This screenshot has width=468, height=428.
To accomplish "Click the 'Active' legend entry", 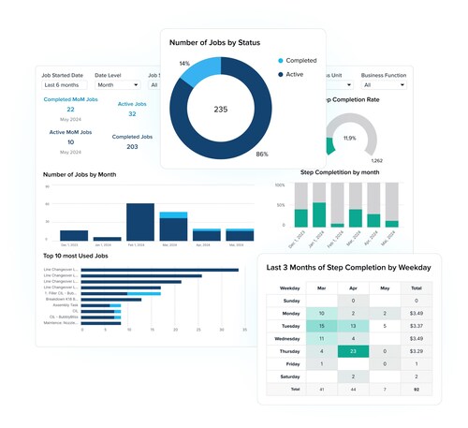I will (x=295, y=74).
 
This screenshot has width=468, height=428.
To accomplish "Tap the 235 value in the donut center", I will (x=221, y=110).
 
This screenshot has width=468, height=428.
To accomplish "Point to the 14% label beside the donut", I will (x=183, y=63).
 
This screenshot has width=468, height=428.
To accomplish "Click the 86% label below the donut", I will (x=261, y=154).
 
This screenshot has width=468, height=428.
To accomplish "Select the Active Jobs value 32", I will (x=132, y=113).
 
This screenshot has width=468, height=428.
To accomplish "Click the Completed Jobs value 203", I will (x=132, y=146).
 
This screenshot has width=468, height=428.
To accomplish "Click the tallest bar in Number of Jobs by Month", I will (x=139, y=223).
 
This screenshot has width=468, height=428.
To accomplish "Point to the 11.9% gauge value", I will (x=349, y=138).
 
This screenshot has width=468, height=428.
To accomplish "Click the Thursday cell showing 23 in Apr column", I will (x=354, y=351).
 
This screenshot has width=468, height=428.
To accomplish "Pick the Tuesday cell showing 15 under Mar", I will (x=321, y=325).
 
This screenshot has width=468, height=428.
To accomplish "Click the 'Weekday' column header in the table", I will (x=289, y=288).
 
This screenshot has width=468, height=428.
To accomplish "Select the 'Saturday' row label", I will (x=289, y=376).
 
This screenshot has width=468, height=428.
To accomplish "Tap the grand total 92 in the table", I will (x=417, y=388).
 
